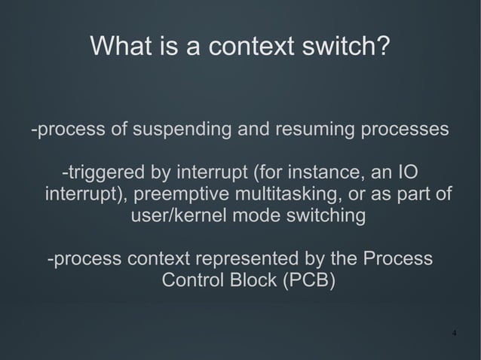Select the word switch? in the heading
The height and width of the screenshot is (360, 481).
[x=347, y=47]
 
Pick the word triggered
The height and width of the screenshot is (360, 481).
[x=111, y=172]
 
